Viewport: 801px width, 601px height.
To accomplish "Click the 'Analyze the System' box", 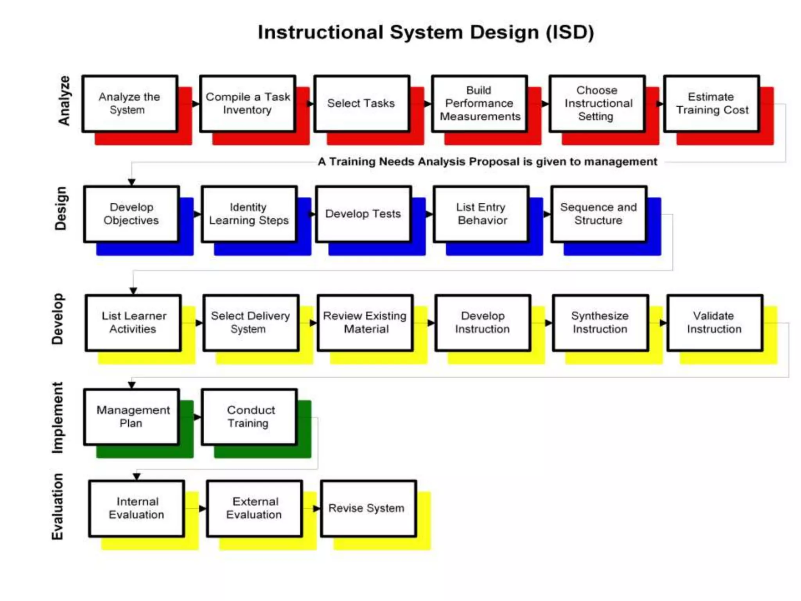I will click(130, 104).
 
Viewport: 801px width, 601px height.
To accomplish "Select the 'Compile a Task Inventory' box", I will click(248, 104).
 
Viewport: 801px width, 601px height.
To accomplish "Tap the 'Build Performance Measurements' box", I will click(480, 104).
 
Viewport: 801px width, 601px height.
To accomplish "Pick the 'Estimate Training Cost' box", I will click(711, 104).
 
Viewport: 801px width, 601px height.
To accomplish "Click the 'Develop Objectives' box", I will click(131, 214).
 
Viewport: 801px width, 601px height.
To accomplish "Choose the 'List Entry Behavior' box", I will click(481, 214).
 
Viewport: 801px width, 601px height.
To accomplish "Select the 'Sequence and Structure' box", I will click(599, 214).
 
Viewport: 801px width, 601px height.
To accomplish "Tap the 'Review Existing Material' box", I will click(365, 323).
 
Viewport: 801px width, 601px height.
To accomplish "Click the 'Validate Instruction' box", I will click(715, 323).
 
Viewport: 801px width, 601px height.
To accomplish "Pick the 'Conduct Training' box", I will click(249, 417).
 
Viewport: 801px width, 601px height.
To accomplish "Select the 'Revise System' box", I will click(368, 508).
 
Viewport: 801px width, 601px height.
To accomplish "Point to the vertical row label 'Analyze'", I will click(64, 101).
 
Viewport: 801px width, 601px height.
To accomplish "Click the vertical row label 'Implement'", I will click(57, 418).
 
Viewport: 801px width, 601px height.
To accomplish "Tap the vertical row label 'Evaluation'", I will click(57, 507).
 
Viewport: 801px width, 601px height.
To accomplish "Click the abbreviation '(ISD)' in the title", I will click(570, 32).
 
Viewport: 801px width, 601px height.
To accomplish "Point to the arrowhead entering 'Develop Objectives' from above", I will click(132, 182).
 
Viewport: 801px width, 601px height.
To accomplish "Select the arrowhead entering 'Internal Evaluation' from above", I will click(136, 477).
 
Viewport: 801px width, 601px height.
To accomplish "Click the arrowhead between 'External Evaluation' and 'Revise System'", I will click(317, 509).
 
